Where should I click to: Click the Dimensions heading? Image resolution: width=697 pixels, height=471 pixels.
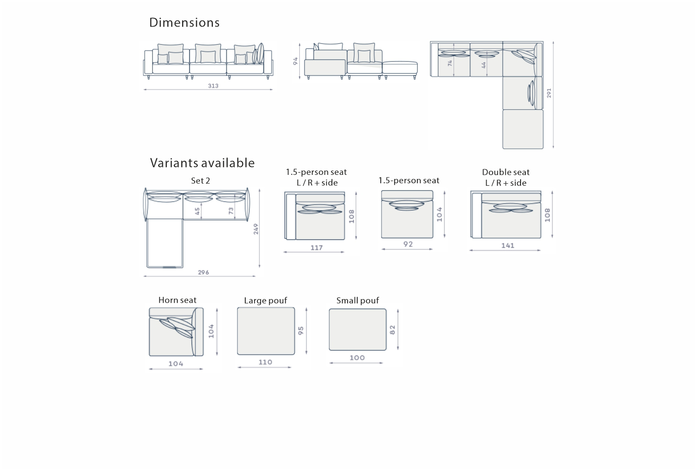point(184,22)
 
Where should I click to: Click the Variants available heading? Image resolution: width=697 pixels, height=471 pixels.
point(202,163)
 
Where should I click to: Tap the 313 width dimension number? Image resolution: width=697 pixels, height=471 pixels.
point(213,85)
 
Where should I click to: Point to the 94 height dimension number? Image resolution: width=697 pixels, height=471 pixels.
point(295,61)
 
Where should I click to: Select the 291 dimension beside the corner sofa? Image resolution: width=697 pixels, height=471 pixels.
point(549,93)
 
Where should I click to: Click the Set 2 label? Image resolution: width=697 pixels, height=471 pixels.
point(200,181)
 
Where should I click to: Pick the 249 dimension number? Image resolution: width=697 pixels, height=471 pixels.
point(256,229)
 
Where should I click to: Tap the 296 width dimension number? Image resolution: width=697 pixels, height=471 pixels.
point(203,272)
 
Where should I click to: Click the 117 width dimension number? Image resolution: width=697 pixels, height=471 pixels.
point(316,248)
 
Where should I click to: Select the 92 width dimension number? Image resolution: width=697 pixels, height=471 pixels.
point(408,244)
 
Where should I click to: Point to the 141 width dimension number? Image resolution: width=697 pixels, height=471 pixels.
point(508,246)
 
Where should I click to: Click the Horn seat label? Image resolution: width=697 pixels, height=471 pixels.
point(177,300)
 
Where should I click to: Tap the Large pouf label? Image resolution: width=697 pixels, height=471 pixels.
point(265,300)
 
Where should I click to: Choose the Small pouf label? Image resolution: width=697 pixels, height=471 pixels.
point(358,300)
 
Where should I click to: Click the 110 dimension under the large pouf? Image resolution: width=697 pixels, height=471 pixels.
point(265,362)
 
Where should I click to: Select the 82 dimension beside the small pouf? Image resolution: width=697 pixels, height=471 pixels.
point(392,330)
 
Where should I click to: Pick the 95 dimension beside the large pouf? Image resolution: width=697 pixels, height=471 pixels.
point(301,331)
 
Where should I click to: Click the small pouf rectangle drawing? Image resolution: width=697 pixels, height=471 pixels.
point(358,330)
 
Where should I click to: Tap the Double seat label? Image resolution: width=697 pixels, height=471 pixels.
point(506,172)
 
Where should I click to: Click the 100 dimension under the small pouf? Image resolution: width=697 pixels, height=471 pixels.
point(357,358)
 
